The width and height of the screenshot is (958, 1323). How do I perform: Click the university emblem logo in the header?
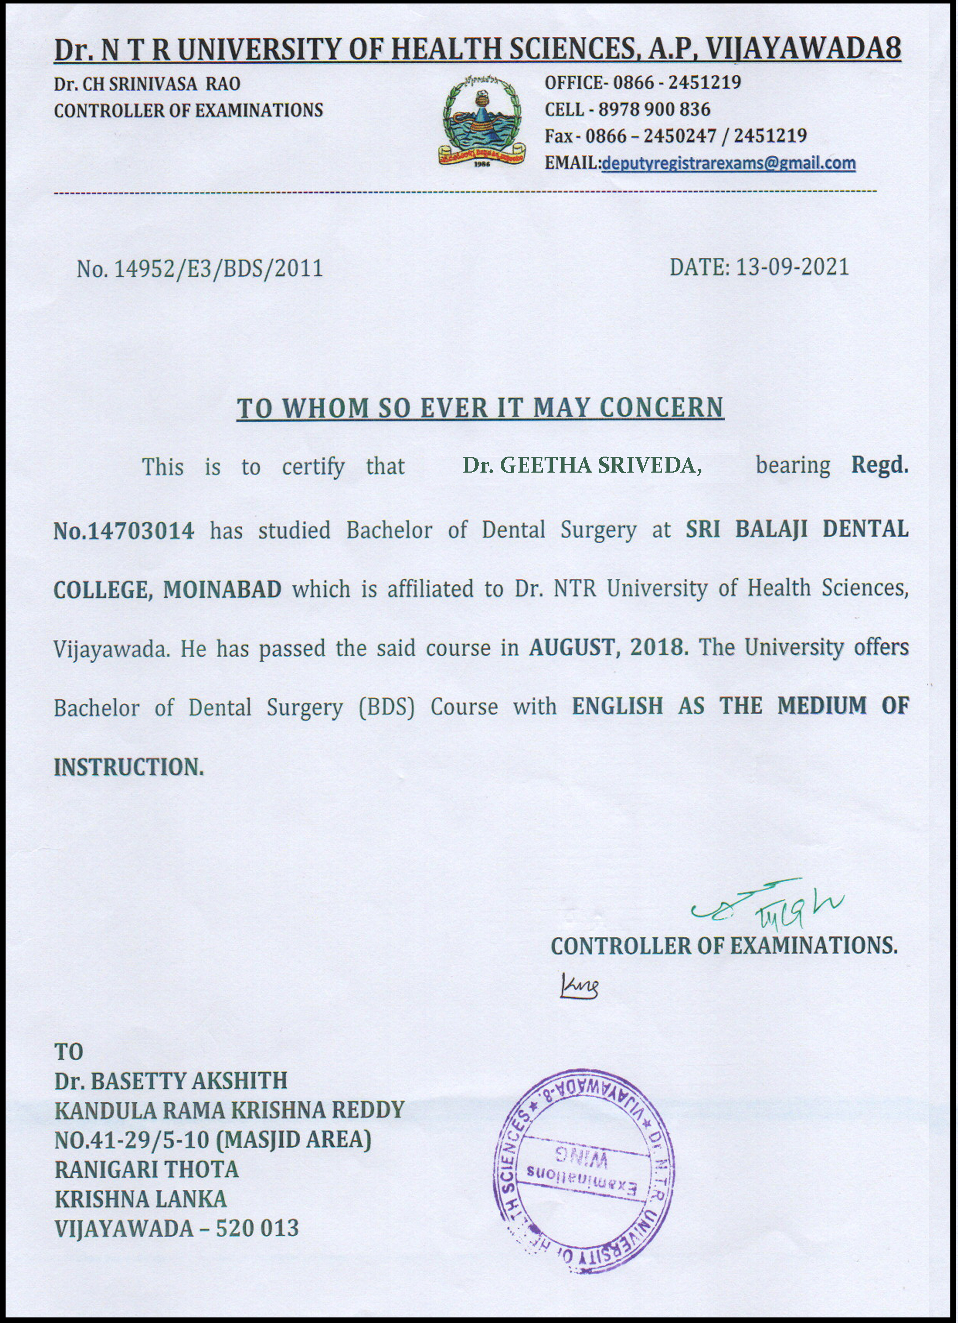pyautogui.click(x=482, y=121)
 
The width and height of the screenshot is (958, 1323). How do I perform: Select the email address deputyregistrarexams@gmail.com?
pyautogui.click(x=728, y=163)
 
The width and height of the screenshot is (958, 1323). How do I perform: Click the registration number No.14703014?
pyautogui.click(x=124, y=531)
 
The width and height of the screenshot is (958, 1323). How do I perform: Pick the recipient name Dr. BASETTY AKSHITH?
pyautogui.click(x=171, y=1081)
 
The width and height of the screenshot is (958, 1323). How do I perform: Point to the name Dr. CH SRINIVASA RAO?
pyautogui.click(x=147, y=84)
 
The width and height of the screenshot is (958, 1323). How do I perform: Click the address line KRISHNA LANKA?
pyautogui.click(x=141, y=1199)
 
